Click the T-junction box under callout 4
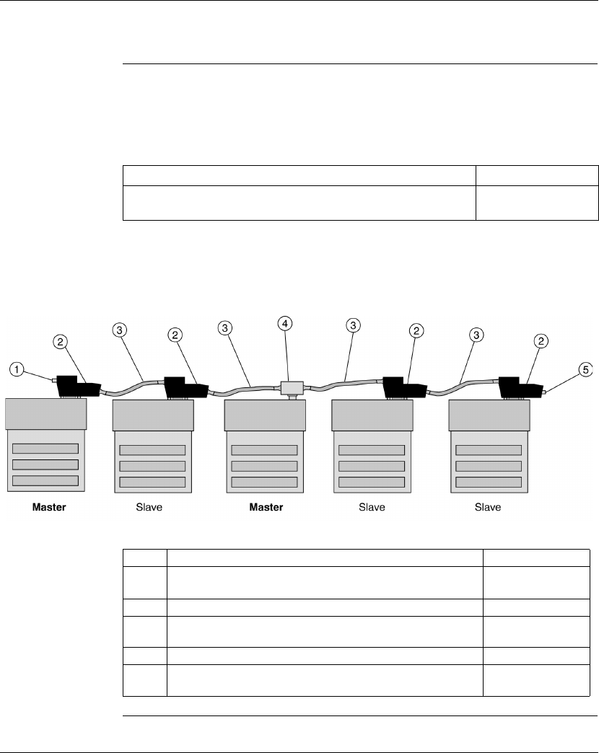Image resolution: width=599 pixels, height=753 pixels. (291, 388)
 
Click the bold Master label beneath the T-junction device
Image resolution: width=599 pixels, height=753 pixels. (266, 507)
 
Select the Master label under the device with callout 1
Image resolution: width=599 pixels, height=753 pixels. (49, 507)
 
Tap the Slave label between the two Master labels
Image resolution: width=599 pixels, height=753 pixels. (149, 507)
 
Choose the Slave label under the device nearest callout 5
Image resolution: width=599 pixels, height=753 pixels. (488, 507)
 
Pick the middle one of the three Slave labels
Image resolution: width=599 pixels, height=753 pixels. (372, 507)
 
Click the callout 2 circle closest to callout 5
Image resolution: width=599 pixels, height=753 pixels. (542, 340)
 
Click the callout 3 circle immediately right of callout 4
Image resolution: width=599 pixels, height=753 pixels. (353, 327)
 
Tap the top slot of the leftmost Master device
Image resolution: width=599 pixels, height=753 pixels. (46, 449)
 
